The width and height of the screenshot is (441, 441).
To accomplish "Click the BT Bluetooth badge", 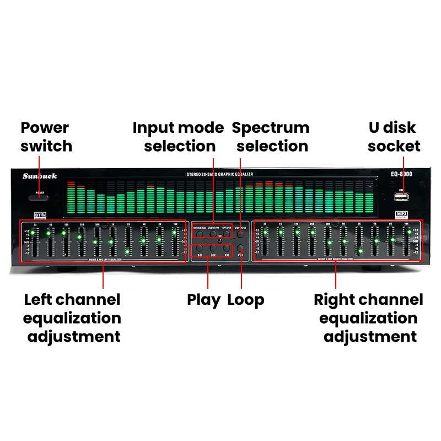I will (39, 214).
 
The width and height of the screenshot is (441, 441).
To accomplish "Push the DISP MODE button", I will (240, 234).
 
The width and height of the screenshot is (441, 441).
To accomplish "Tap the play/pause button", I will (199, 252).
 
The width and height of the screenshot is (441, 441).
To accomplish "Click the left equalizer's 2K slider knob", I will (127, 252).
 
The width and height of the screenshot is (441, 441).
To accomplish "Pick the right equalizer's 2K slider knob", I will (361, 251).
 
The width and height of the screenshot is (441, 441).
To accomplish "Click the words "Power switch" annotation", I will (46, 137).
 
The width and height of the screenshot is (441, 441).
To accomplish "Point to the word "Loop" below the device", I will (246, 300).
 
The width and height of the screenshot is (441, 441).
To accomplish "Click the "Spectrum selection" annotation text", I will (271, 137).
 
